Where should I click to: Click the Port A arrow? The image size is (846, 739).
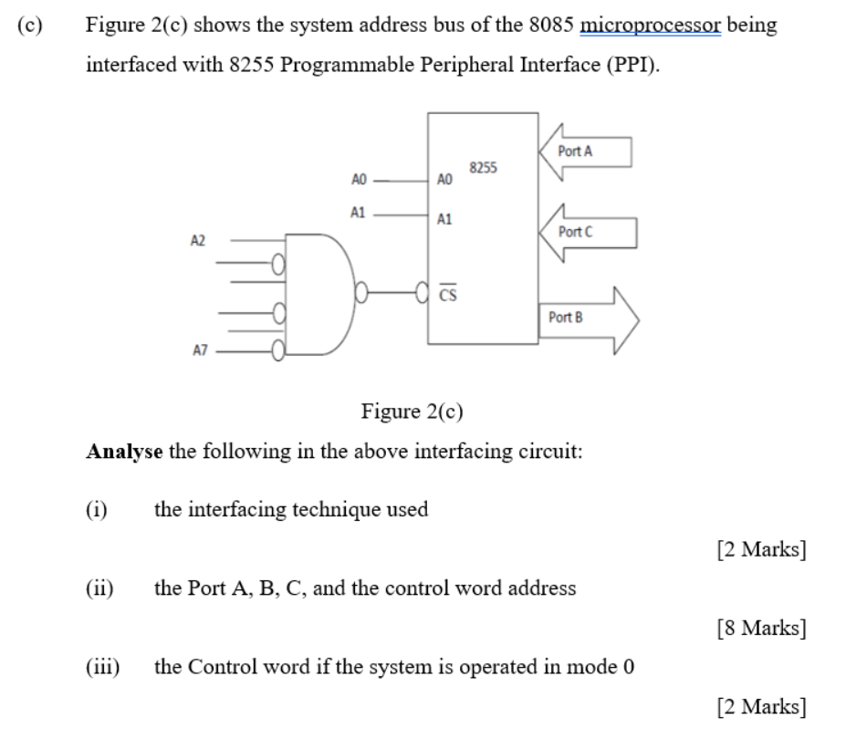(x=584, y=151)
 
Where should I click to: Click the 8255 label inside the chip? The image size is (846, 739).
(x=483, y=168)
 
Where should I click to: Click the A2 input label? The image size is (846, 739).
(x=197, y=240)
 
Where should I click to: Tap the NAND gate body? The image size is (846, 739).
(x=319, y=293)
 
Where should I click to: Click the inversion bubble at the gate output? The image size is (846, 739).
(x=362, y=294)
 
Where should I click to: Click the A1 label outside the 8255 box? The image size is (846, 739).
(x=358, y=213)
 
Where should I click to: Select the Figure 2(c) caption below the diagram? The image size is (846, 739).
(x=413, y=411)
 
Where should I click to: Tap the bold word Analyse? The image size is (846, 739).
(x=123, y=452)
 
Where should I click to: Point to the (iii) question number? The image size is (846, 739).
(x=101, y=667)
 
